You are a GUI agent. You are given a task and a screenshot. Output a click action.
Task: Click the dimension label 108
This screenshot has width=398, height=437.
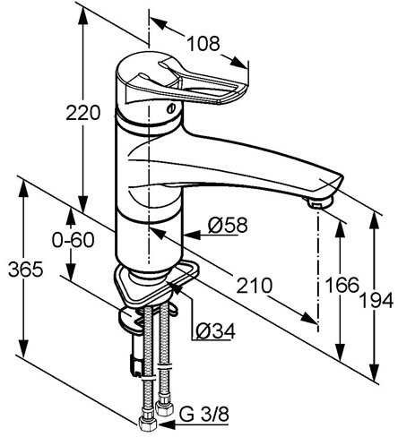point(203,44)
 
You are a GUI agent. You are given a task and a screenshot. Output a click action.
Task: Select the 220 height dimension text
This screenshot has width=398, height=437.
point(82,113)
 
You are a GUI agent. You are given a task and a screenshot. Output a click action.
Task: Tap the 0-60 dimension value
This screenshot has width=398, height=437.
point(73,240)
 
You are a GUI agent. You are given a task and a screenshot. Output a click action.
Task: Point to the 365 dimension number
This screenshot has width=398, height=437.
point(26,270)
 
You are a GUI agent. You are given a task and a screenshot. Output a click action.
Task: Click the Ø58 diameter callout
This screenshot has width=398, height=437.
point(228,225)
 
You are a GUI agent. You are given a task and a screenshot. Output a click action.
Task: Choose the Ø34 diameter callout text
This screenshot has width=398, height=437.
point(216,330)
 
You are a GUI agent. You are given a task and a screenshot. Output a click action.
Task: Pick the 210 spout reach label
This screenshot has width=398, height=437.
point(255,286)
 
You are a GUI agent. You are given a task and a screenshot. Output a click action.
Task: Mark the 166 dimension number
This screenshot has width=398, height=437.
point(342,285)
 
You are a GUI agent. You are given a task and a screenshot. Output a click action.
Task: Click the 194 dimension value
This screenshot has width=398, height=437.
point(376,300)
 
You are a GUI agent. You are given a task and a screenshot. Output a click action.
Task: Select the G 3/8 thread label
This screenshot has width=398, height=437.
point(204,415)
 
